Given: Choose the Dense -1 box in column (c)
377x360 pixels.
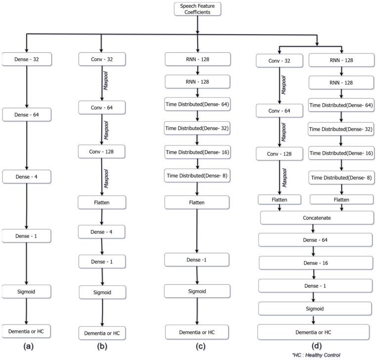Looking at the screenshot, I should tap(197, 260).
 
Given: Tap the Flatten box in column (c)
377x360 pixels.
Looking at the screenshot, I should tap(197, 202).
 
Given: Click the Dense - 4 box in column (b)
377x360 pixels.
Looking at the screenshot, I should tap(101, 231).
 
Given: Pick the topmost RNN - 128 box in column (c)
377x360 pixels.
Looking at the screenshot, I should tap(197, 60).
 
